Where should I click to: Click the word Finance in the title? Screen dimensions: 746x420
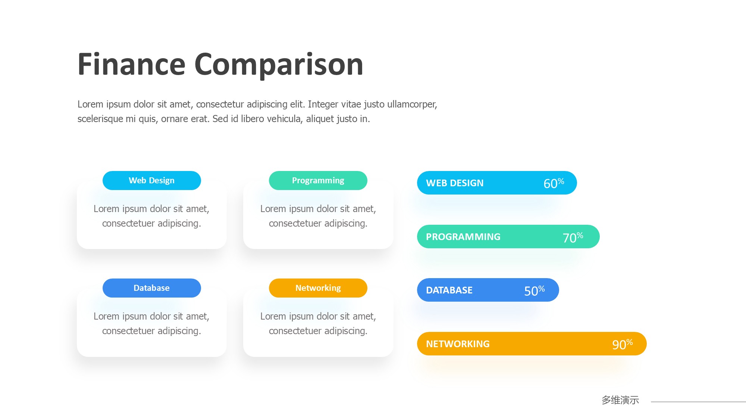131,64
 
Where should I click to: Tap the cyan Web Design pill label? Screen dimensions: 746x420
152,180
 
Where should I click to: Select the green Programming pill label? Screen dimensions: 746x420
318,180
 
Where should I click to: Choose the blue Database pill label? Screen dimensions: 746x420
152,288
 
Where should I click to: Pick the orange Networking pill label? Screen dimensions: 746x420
318,288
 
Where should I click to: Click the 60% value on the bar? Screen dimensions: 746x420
554,183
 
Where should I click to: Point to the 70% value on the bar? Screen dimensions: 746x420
573,237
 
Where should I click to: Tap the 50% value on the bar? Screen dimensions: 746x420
535,290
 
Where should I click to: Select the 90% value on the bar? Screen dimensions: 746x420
623,344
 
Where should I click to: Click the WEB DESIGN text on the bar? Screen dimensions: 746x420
455,183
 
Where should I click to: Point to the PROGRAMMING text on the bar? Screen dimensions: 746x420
463,237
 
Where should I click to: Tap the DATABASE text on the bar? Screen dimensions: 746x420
449,290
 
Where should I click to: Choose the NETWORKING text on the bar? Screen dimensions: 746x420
458,344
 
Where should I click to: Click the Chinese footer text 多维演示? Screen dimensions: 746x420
620,400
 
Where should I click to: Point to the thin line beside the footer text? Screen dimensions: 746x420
698,402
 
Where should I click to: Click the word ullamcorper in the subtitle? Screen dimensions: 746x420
412,105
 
